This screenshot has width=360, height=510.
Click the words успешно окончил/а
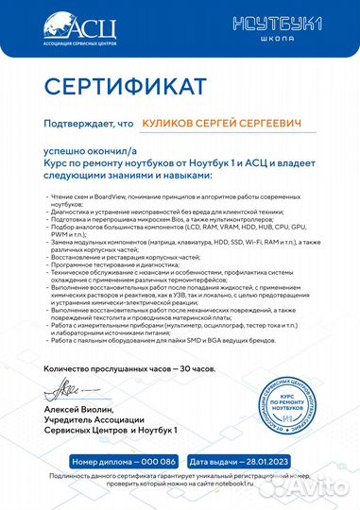point(85,149)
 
